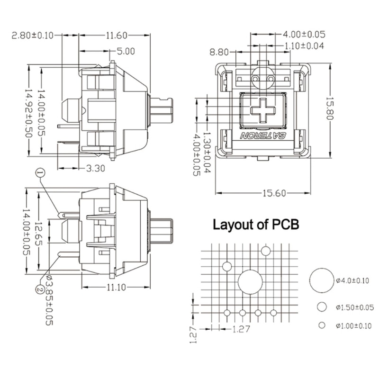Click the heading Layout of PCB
tap(256, 224)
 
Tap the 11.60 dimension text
tap(116, 36)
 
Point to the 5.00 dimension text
tap(125, 51)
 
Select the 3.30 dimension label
tap(95, 167)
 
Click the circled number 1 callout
tap(40, 174)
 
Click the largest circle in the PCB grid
tap(250, 282)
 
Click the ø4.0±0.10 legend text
tap(352, 281)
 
